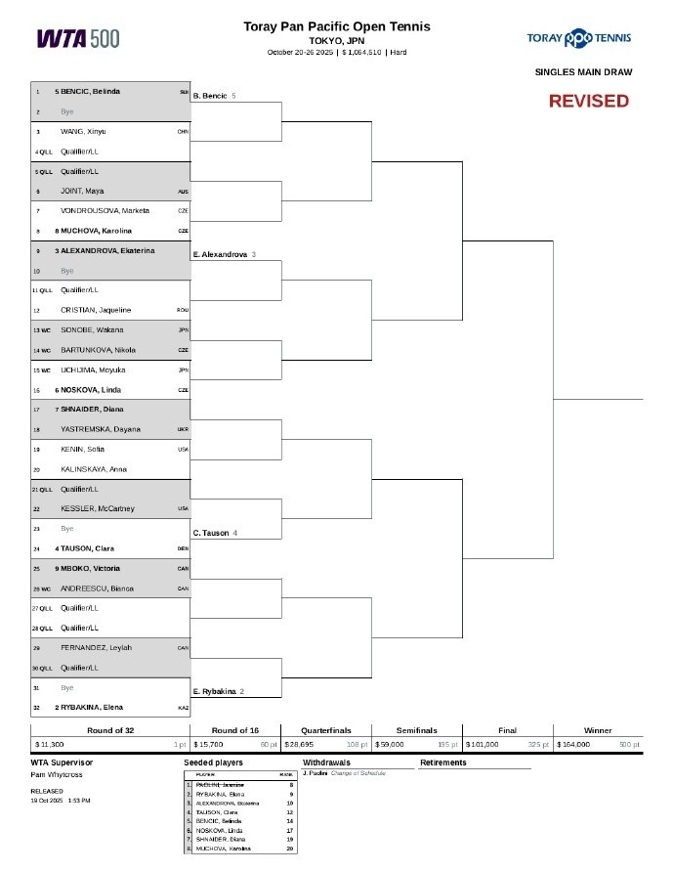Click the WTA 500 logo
tap(78, 38)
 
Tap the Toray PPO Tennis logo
tap(578, 38)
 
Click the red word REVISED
tap(588, 101)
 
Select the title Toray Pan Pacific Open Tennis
tap(336, 26)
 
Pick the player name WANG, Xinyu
tap(83, 131)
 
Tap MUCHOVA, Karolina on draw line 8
tap(93, 231)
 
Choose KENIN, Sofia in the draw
tap(83, 450)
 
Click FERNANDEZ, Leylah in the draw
tap(96, 647)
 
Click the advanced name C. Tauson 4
tap(215, 533)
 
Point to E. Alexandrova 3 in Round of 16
tap(225, 254)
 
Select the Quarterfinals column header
tap(326, 730)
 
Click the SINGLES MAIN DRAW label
tap(583, 71)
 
